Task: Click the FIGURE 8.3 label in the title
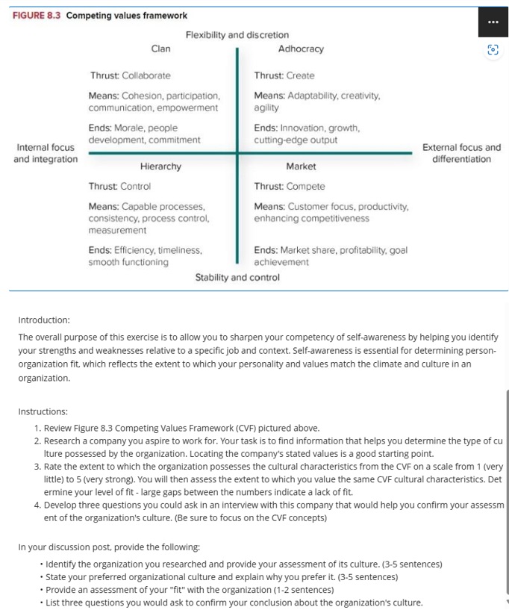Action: coord(37,16)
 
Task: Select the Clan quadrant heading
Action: coord(160,49)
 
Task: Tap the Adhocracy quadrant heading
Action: coord(301,49)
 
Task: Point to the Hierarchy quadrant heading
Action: coord(160,166)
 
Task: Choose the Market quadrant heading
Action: coord(301,166)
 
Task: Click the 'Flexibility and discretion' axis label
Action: coord(237,35)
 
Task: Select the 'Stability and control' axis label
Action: coord(237,277)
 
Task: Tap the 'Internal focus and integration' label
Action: coord(45,153)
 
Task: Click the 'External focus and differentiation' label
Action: coord(461,153)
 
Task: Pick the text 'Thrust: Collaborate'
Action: coord(130,75)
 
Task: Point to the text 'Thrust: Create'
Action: coord(284,75)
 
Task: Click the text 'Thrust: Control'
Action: coord(119,186)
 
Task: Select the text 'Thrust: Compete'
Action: coord(290,186)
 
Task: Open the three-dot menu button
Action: coord(493,22)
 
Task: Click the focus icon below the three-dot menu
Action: coord(493,50)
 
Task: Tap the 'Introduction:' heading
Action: coord(43,320)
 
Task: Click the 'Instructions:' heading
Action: coord(43,411)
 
